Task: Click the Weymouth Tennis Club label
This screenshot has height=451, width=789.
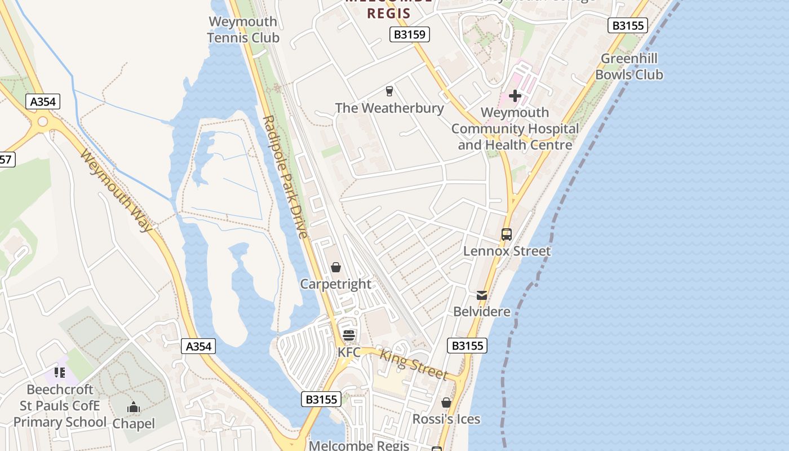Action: click(243, 30)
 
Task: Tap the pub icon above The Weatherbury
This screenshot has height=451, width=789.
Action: click(389, 91)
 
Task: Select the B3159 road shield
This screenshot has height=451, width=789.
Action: click(410, 35)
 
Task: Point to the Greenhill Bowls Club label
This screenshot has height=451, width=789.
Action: click(629, 67)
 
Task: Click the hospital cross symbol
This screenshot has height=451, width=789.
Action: click(515, 96)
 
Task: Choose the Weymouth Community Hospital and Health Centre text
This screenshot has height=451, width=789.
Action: click(515, 129)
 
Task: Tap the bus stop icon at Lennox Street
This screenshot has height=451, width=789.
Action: click(507, 235)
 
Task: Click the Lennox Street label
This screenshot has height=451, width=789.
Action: click(507, 251)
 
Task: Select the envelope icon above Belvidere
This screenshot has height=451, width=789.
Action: click(482, 295)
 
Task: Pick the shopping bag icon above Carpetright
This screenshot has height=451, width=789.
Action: click(336, 267)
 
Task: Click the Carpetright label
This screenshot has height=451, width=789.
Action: click(336, 284)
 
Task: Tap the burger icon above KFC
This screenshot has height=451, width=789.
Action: click(349, 336)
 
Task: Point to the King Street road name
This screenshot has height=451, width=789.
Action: click(414, 365)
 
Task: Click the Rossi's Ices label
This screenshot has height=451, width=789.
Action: click(446, 419)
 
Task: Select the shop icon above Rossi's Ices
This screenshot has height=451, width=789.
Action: click(446, 403)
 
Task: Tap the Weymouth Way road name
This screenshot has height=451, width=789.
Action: click(117, 191)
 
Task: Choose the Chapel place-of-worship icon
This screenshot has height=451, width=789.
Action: click(134, 407)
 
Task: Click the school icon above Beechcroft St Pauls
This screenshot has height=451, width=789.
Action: click(60, 373)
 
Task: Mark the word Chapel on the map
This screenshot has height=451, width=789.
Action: click(134, 423)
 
